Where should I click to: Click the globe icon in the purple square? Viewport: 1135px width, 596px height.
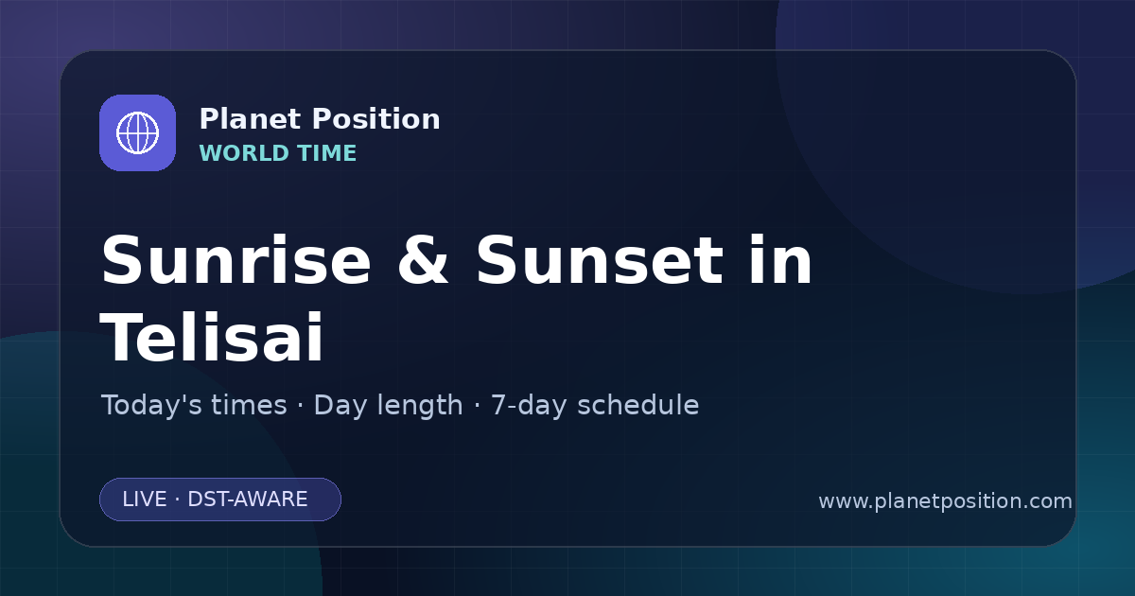pos(138,132)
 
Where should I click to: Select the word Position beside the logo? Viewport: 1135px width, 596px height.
pos(376,119)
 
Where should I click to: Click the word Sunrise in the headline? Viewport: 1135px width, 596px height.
pos(236,260)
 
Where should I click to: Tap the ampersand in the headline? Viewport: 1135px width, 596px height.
pos(423,260)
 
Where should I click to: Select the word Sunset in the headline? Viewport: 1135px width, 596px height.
pos(600,260)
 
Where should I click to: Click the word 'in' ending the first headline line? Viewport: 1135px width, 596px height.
pos(781,259)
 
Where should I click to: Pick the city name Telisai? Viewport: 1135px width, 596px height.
pos(212,337)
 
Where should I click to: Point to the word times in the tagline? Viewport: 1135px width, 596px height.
pos(250,405)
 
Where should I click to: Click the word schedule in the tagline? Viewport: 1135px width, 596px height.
pos(638,405)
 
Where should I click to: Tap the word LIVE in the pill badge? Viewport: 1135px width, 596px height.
pos(145,500)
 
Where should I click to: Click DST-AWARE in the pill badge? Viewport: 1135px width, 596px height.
pos(248,500)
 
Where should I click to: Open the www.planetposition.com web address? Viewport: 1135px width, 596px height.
pos(946,501)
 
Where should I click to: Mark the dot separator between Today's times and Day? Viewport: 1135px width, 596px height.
pos(301,406)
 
